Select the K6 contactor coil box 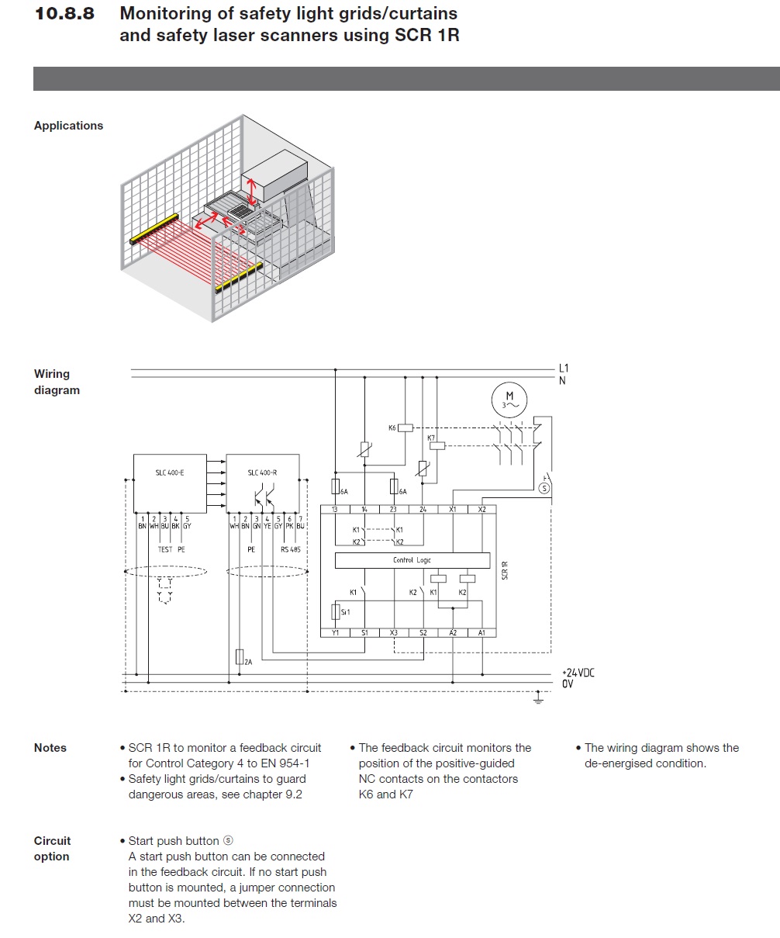point(406,427)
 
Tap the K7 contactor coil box point(437,445)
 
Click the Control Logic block point(412,560)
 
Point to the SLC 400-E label point(170,472)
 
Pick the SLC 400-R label point(262,472)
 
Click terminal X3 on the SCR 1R point(394,633)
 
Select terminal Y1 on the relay point(335,633)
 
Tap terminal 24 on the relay point(423,510)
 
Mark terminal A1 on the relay point(481,633)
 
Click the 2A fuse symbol point(240,657)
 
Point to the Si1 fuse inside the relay point(335,612)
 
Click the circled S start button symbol point(544,488)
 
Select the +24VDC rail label point(578,673)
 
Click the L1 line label point(564,368)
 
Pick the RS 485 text point(290,549)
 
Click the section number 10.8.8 point(65,14)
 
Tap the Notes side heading point(50,748)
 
